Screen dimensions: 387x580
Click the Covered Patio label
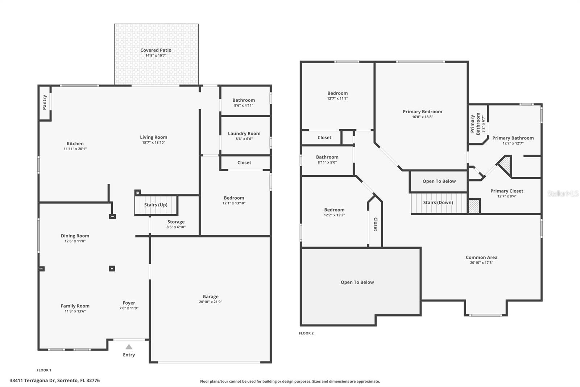click(156, 50)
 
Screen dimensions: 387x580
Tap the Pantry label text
click(45, 102)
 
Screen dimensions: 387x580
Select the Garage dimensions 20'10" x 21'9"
click(210, 302)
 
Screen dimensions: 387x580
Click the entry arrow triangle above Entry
click(129, 347)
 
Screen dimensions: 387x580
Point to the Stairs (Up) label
click(156, 205)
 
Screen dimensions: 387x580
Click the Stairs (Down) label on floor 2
click(438, 203)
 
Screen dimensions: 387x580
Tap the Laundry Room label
click(244, 134)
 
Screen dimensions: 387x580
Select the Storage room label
click(176, 222)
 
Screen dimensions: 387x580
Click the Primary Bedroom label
click(422, 111)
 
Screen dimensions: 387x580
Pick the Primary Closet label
click(506, 191)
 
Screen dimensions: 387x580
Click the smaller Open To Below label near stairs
click(439, 181)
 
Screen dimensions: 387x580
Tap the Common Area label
click(481, 257)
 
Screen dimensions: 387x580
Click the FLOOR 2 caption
click(306, 333)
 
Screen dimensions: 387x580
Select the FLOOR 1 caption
click(44, 370)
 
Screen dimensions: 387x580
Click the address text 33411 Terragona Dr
click(54, 380)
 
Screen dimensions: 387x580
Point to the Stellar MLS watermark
click(563, 193)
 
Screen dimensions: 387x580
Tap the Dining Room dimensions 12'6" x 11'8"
click(75, 241)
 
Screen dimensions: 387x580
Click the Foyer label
click(129, 303)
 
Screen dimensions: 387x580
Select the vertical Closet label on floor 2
click(376, 224)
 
